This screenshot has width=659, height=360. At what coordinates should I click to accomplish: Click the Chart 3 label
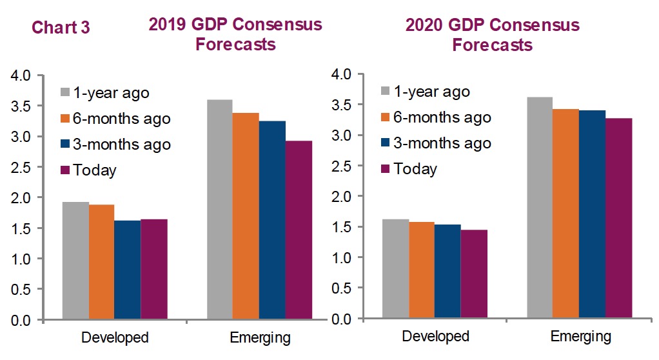click(x=61, y=27)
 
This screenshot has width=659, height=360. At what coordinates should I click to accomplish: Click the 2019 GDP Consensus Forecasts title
click(x=235, y=34)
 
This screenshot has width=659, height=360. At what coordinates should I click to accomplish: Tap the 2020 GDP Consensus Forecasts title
click(x=493, y=34)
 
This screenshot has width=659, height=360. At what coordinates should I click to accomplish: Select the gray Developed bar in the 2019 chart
click(x=75, y=261)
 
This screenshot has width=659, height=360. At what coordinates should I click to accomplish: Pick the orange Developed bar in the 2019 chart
click(x=102, y=261)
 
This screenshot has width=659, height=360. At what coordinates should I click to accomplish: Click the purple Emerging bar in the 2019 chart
click(x=299, y=230)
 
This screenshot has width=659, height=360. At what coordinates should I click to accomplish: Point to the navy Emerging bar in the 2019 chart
click(x=272, y=220)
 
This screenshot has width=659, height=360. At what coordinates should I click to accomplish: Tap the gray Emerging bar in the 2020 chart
click(x=540, y=207)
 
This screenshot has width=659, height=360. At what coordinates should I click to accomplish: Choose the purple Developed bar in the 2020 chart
click(x=474, y=274)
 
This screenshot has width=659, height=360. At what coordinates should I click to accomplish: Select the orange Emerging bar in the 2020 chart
click(x=566, y=213)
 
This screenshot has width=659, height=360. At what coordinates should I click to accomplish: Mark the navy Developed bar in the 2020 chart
click(x=448, y=271)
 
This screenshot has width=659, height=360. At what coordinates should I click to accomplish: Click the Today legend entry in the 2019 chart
click(x=89, y=170)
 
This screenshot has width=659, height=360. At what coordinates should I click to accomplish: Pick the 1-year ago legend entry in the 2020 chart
click(x=426, y=91)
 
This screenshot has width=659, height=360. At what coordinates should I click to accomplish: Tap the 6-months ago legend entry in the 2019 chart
click(x=115, y=119)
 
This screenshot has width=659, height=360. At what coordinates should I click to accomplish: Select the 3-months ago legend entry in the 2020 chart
click(x=436, y=143)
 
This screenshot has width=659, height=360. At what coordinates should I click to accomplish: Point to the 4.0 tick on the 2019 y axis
click(x=21, y=75)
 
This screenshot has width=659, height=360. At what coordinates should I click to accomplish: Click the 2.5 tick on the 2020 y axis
click(x=341, y=166)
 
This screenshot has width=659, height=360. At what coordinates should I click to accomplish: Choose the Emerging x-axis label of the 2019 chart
click(x=260, y=337)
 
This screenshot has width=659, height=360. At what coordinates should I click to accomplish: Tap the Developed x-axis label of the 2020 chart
click(x=435, y=336)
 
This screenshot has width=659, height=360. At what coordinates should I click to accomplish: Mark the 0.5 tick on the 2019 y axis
click(x=21, y=290)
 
